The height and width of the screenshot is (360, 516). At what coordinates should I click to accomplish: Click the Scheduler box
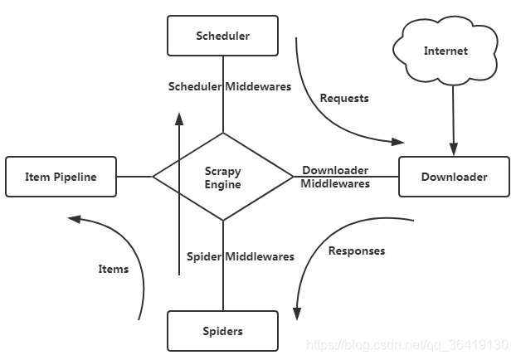[222, 36]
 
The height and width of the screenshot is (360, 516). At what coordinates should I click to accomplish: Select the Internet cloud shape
[445, 51]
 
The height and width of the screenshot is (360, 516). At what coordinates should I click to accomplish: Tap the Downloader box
[454, 177]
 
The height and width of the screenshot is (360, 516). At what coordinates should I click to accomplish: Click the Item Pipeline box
[61, 177]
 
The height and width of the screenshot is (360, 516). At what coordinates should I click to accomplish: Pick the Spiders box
[222, 331]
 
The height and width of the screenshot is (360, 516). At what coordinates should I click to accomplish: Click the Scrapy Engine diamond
[223, 177]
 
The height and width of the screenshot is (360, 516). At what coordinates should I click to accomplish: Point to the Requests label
[344, 98]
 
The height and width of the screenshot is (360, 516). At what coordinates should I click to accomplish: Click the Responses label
[357, 251]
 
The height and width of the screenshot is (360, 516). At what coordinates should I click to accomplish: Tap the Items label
[114, 269]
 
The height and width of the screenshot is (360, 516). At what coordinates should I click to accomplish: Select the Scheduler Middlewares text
[230, 86]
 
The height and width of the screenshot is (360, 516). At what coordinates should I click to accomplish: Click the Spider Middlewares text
[240, 256]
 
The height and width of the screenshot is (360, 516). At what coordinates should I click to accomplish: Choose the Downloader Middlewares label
[335, 177]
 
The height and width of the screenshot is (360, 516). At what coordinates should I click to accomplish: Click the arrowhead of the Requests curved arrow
[398, 141]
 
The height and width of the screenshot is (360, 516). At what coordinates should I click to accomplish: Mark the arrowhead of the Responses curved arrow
[296, 313]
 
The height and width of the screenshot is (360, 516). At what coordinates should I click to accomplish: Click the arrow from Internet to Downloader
[453, 116]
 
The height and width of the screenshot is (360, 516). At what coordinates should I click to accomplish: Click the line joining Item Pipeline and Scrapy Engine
[134, 176]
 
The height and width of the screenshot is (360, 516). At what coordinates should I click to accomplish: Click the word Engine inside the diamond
[223, 184]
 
